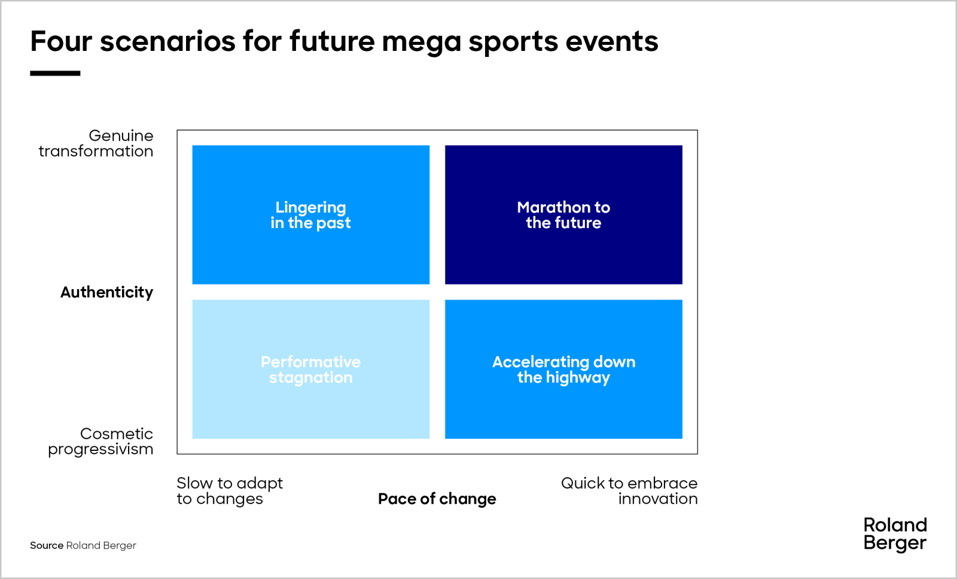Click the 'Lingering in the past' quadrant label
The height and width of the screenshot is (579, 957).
pyautogui.click(x=310, y=215)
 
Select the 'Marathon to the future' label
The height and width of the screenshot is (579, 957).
pyautogui.click(x=563, y=215)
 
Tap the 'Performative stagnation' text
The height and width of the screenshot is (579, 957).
pyautogui.click(x=310, y=369)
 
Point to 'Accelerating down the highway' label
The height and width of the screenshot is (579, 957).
pyautogui.click(x=563, y=369)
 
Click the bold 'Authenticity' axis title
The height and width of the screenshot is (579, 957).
pyautogui.click(x=106, y=292)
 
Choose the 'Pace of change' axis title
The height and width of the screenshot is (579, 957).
pyautogui.click(x=437, y=499)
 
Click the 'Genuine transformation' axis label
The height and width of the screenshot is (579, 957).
pyautogui.click(x=96, y=144)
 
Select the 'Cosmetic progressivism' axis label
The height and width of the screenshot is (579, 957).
pyautogui.click(x=100, y=441)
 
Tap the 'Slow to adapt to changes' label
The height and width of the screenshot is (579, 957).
pyautogui.click(x=229, y=491)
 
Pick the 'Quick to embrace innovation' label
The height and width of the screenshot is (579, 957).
pyautogui.click(x=629, y=491)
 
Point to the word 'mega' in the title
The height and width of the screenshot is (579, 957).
pyautogui.click(x=422, y=43)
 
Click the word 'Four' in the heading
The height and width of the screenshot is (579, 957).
pyautogui.click(x=61, y=41)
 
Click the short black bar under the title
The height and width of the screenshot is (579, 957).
pyautogui.click(x=55, y=74)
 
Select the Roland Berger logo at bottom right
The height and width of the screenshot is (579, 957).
pyautogui.click(x=895, y=534)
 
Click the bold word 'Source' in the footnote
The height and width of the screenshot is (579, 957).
pyautogui.click(x=47, y=545)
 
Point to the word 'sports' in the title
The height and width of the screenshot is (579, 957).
pyautogui.click(x=514, y=43)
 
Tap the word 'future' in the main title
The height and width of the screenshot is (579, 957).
pyautogui.click(x=332, y=41)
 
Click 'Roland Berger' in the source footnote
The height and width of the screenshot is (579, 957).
pyautogui.click(x=101, y=545)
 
